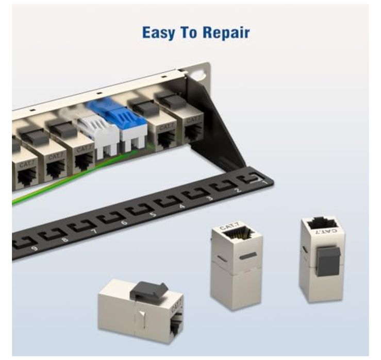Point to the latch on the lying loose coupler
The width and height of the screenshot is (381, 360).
point(147,291)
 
